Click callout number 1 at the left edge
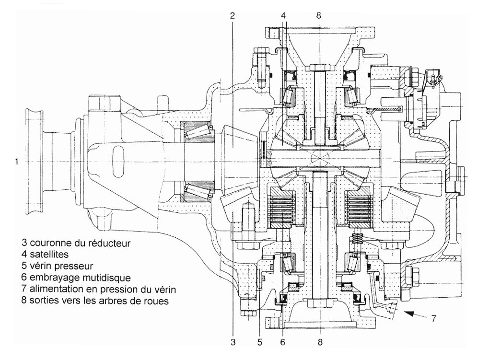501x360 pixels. (17, 162)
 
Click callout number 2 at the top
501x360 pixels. (233, 15)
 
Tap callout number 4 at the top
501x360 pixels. (283, 15)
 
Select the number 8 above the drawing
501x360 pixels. (318, 15)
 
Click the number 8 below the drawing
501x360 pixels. (320, 342)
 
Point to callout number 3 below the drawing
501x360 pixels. (233, 342)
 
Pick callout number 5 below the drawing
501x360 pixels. (259, 342)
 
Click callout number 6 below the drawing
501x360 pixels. (282, 342)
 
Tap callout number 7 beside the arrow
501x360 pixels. (433, 318)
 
